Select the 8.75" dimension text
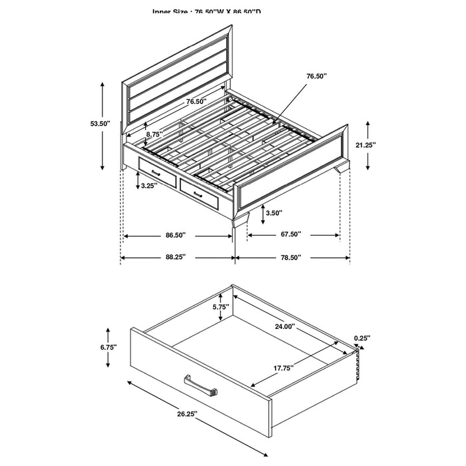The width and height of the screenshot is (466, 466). [x=155, y=134]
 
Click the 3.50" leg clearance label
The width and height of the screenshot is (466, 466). [x=272, y=214]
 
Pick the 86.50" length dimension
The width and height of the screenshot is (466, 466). [x=175, y=235]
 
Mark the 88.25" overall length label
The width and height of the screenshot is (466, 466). [x=175, y=257]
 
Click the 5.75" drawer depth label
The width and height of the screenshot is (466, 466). [x=220, y=307]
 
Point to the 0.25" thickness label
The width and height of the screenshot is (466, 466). [x=362, y=338]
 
